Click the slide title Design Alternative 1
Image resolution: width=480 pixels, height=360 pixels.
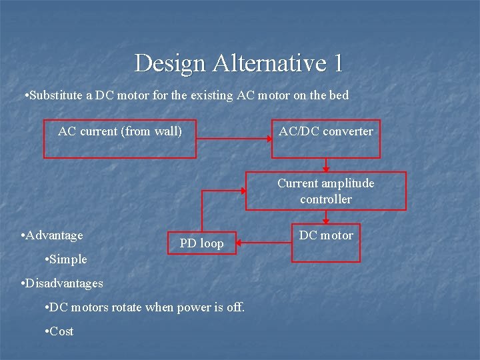click(239, 63)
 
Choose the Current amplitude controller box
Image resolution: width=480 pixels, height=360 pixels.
click(325, 191)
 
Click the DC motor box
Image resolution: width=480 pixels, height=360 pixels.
click(325, 242)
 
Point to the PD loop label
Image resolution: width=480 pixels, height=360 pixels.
click(201, 244)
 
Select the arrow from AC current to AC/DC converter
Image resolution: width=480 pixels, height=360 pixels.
click(233, 139)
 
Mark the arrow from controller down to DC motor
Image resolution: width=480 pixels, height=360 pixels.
click(325, 217)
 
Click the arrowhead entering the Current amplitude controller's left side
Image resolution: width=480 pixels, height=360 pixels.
click(242, 191)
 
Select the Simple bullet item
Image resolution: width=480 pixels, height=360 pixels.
click(67, 259)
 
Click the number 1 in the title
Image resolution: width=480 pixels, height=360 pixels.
click(337, 63)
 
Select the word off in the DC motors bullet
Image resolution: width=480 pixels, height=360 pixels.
click(237, 307)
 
